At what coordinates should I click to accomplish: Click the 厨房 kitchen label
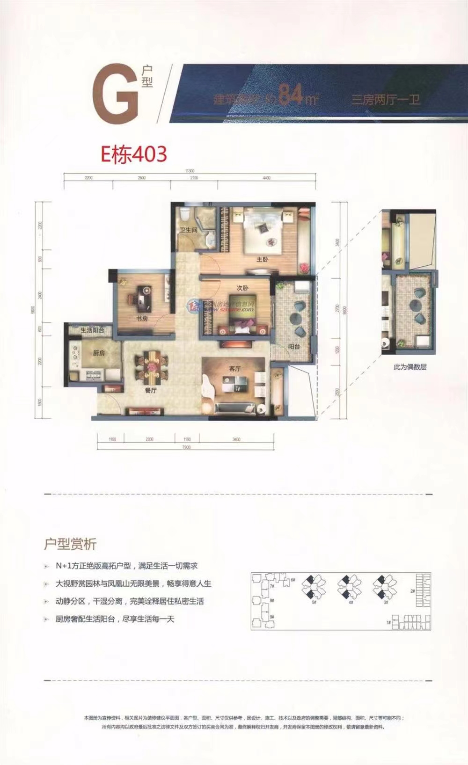pos(98,353)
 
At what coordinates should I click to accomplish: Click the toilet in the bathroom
pos(186,214)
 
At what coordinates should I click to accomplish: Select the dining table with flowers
pos(151,367)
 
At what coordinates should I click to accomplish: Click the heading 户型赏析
pos(70,544)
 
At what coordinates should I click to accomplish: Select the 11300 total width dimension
pos(189,171)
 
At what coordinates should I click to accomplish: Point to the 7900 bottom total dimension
pos(186,447)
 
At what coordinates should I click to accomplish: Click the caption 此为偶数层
pos(410,367)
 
